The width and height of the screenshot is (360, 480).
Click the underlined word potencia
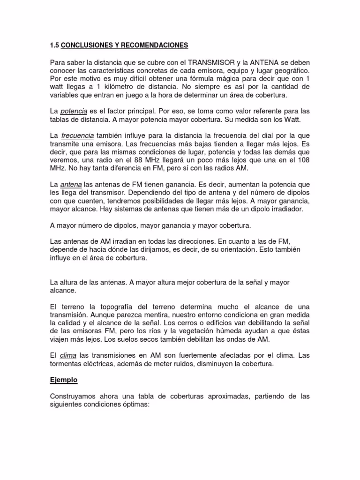click(73, 111)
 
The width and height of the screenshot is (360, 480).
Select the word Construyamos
click(72, 396)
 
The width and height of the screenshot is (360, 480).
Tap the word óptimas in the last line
click(134, 404)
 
